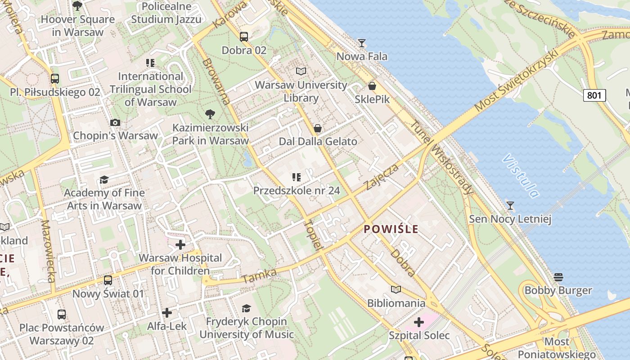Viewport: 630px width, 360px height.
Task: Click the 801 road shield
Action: click(x=594, y=95)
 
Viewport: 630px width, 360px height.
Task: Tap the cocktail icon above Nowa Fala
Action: click(x=361, y=43)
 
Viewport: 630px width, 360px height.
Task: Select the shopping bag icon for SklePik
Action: click(x=372, y=86)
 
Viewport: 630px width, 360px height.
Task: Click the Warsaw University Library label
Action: click(x=301, y=91)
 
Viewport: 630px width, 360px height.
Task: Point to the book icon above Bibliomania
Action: click(x=396, y=290)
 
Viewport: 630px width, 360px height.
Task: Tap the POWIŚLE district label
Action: click(x=391, y=229)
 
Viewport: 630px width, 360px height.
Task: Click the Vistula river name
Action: click(x=521, y=176)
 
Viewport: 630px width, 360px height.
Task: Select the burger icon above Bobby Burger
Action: click(x=558, y=277)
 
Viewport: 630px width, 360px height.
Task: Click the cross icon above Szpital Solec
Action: click(x=419, y=322)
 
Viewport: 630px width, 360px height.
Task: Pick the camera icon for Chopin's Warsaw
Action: click(x=115, y=122)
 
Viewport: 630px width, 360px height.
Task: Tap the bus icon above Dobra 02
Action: click(x=244, y=37)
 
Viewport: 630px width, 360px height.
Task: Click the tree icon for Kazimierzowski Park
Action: click(x=210, y=114)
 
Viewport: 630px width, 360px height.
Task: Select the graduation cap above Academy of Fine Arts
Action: click(x=104, y=180)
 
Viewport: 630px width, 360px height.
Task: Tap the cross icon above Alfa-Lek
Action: click(x=167, y=312)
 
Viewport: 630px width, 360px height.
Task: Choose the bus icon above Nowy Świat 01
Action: click(x=108, y=280)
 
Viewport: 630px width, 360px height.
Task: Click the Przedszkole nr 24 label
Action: click(x=297, y=190)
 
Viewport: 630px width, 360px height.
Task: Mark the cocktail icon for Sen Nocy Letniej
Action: click(x=510, y=206)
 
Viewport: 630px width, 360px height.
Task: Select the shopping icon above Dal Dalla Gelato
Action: click(x=318, y=129)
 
